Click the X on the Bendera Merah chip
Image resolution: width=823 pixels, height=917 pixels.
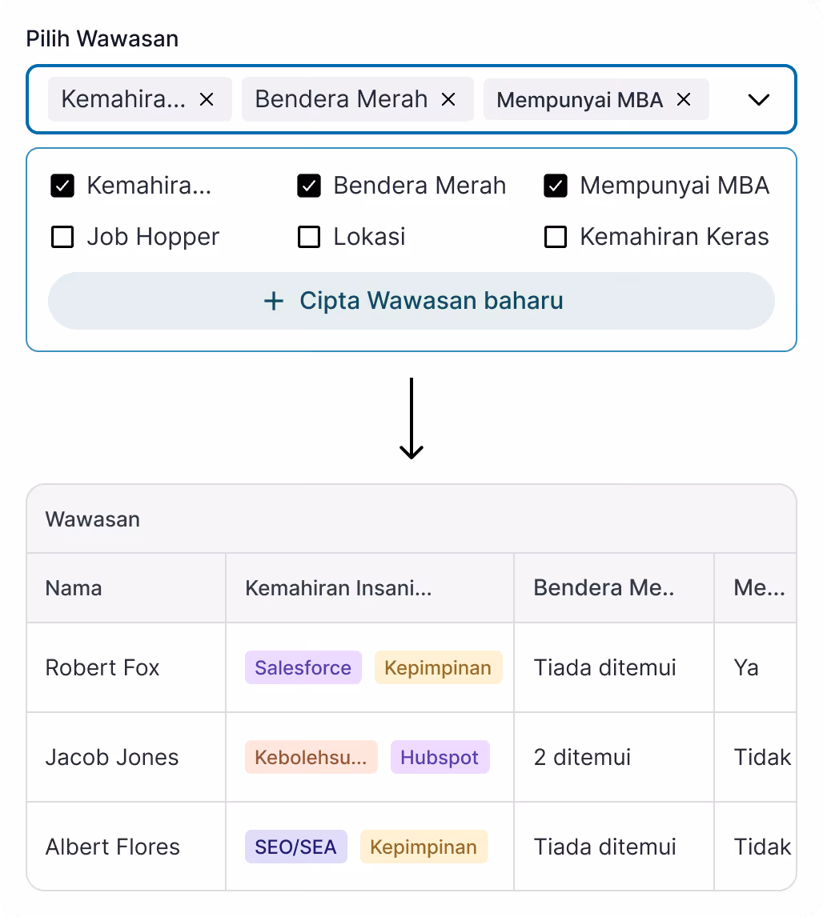click(x=448, y=99)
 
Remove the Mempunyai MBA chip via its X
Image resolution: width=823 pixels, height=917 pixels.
click(x=684, y=99)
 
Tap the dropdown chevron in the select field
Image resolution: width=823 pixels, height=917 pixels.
click(x=757, y=100)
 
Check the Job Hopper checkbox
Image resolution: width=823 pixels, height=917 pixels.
click(x=62, y=237)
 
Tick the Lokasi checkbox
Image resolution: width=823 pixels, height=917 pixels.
click(x=309, y=237)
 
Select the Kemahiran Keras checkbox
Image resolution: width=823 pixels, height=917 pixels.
click(x=556, y=237)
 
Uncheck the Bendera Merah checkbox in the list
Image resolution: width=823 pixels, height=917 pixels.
click(x=309, y=186)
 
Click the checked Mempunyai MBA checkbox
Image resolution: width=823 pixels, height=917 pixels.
click(x=556, y=186)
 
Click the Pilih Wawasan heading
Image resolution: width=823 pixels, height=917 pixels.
click(x=102, y=38)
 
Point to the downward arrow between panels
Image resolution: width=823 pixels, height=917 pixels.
click(x=411, y=419)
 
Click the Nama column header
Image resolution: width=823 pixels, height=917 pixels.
click(x=74, y=588)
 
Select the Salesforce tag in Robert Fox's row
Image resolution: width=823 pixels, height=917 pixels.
click(x=303, y=667)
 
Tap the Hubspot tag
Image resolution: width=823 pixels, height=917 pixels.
click(x=440, y=757)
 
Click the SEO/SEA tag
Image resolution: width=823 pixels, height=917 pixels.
click(x=295, y=847)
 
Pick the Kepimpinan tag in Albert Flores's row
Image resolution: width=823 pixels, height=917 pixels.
click(x=424, y=847)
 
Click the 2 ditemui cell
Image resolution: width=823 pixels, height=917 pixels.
click(x=582, y=757)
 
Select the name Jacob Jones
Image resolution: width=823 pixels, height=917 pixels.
click(x=112, y=757)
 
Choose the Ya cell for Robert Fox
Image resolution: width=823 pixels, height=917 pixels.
click(x=746, y=667)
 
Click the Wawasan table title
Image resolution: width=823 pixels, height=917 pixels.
click(x=93, y=519)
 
